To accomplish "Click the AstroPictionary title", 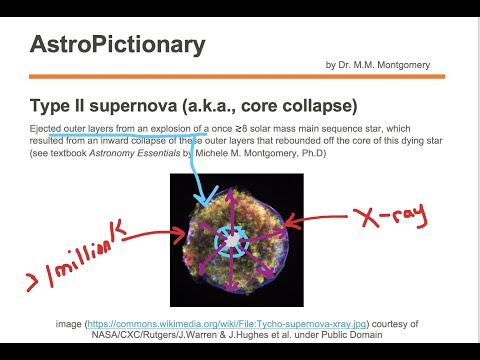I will [118, 44].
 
